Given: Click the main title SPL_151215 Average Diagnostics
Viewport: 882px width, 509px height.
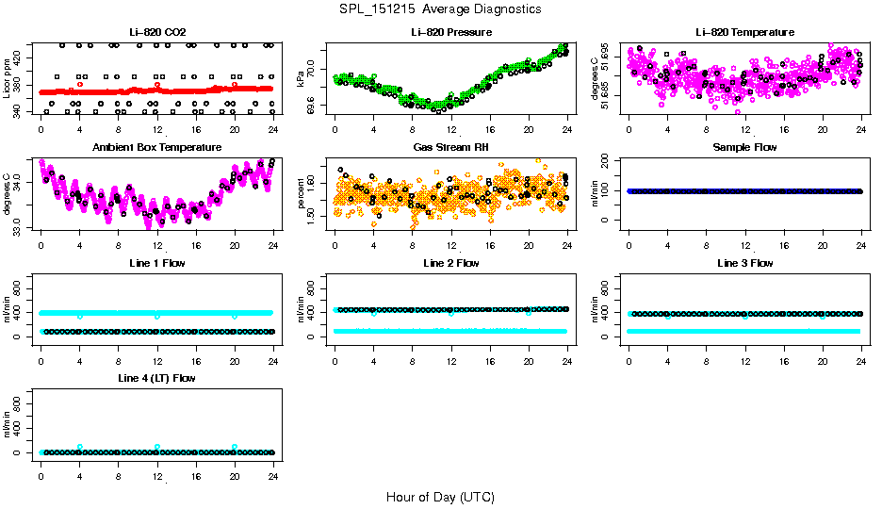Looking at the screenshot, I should (441, 8).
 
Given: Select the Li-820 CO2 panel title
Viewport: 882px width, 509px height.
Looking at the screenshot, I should (156, 32).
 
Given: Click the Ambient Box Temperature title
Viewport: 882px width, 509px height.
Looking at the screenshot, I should (156, 147).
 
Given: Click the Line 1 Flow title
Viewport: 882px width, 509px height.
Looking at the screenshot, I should (156, 263).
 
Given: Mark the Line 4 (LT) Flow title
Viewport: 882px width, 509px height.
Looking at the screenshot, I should (156, 378).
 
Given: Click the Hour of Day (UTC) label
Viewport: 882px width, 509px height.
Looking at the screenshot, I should (440, 497).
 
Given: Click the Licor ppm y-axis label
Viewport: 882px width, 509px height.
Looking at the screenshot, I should (8, 78).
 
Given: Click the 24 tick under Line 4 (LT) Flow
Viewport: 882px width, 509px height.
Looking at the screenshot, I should (272, 467).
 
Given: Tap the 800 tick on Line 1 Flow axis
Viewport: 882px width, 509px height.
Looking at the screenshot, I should (20, 288).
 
